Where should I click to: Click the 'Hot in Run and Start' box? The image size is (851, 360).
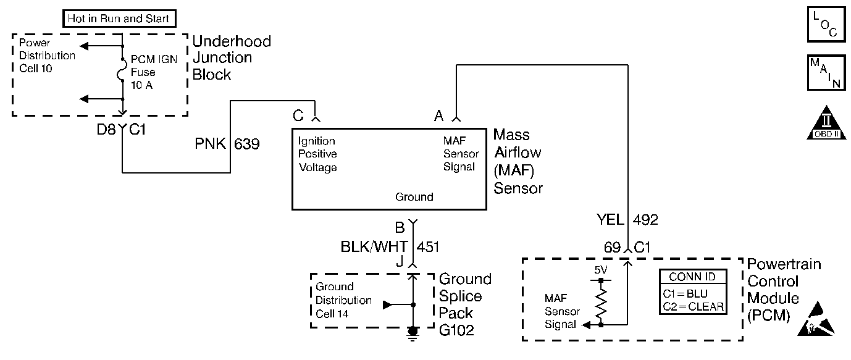[119, 19]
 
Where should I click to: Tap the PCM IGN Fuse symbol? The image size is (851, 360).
[123, 74]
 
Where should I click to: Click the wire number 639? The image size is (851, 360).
[247, 145]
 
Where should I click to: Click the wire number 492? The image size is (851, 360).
[645, 219]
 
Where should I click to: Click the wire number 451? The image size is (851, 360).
[428, 247]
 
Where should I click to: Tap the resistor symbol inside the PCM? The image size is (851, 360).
[601, 302]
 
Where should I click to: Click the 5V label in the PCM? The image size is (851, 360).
[601, 270]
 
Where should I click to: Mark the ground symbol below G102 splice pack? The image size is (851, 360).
[413, 332]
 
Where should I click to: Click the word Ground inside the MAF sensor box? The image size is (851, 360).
[414, 198]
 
